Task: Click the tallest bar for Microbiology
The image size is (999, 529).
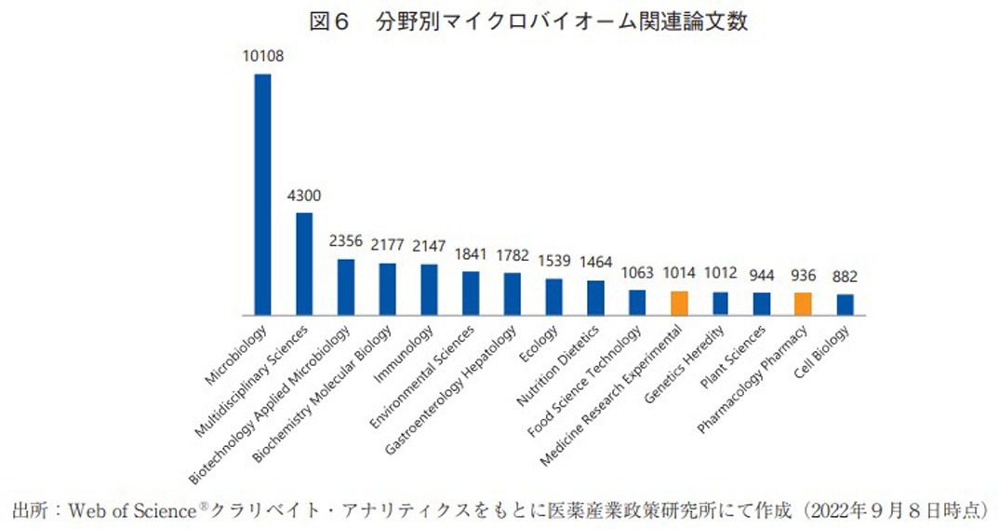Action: pyautogui.click(x=263, y=195)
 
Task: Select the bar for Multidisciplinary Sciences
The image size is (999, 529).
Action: pyautogui.click(x=304, y=264)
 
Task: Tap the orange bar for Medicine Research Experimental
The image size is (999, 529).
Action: pyautogui.click(x=679, y=304)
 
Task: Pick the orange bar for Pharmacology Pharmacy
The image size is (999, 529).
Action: pyautogui.click(x=803, y=305)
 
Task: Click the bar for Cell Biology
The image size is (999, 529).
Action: pyautogui.click(x=845, y=305)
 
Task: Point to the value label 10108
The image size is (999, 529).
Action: pyautogui.click(x=263, y=57)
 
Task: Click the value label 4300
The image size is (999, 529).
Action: pyautogui.click(x=304, y=197)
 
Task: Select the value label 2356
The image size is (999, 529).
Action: pyautogui.click(x=346, y=241)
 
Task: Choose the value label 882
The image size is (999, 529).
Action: pyautogui.click(x=845, y=278)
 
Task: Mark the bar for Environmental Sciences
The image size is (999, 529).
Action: pyautogui.click(x=471, y=293)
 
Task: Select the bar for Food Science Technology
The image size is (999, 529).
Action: pyautogui.click(x=637, y=303)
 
